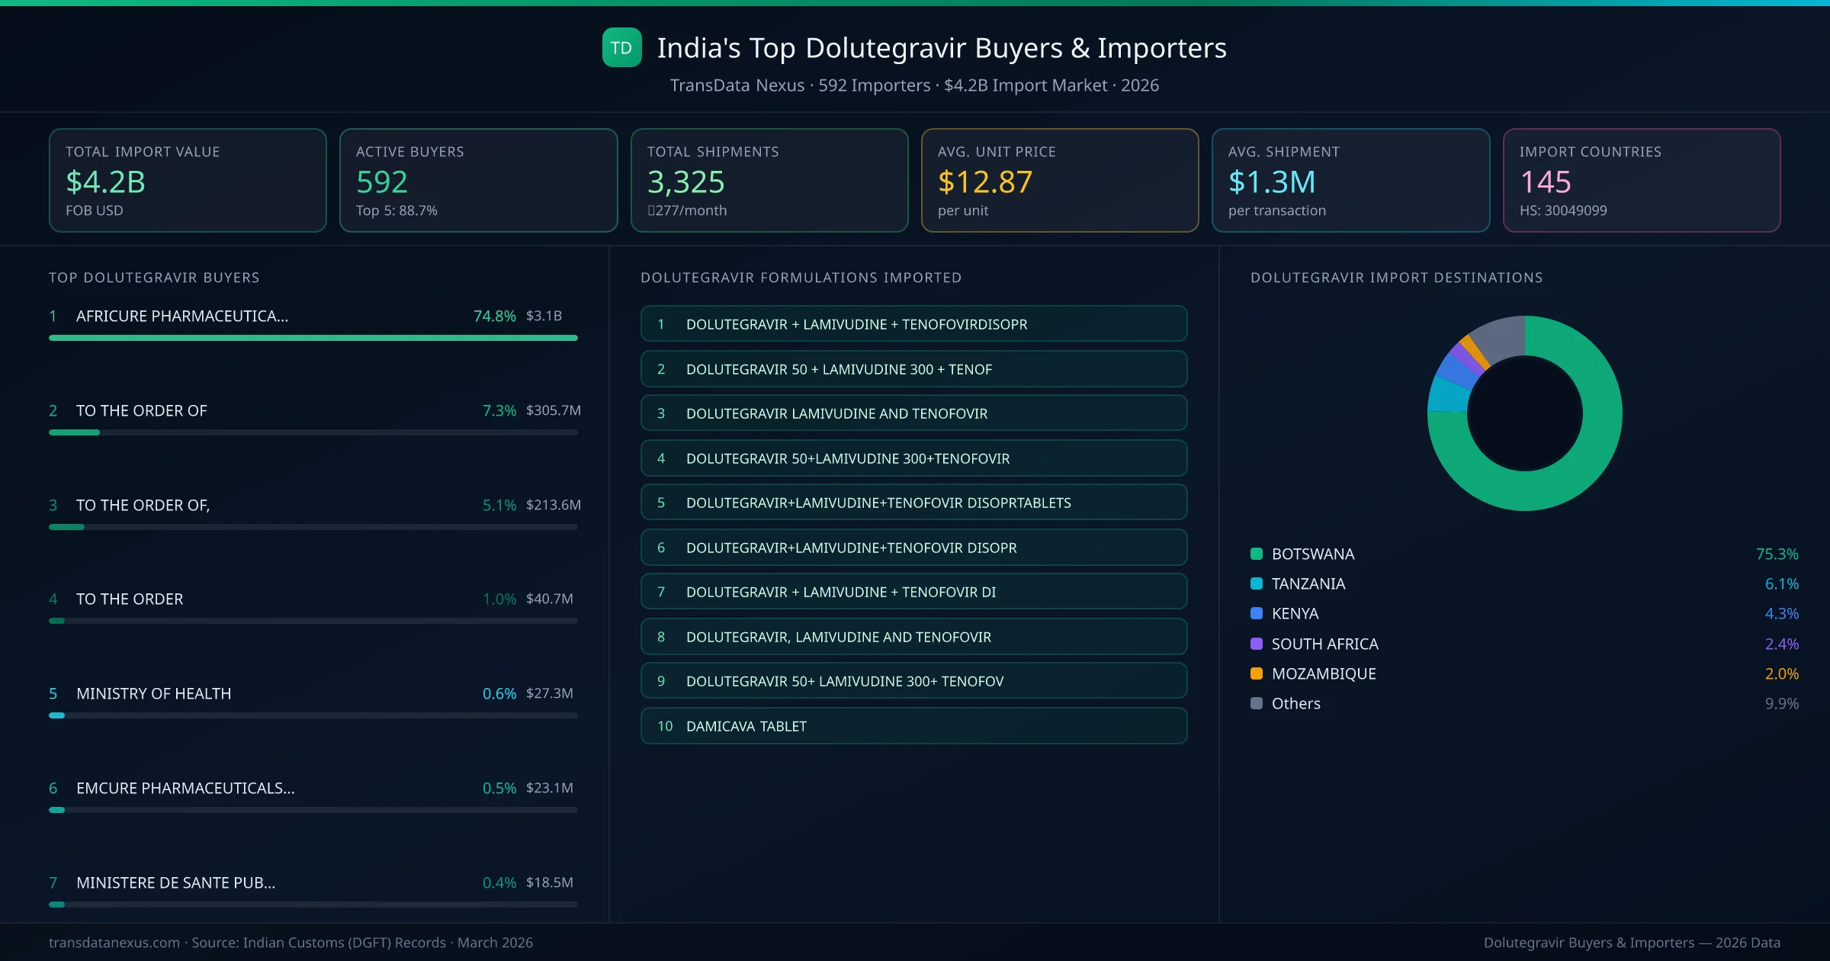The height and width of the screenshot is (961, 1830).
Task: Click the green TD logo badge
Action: tap(621, 48)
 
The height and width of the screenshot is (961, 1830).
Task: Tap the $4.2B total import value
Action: tap(105, 182)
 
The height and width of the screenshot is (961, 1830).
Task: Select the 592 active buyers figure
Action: tap(382, 182)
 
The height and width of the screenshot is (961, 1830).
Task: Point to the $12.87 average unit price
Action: tap(984, 182)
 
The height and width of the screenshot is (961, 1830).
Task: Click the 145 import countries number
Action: tap(1545, 182)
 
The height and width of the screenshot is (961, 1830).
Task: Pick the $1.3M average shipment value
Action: tap(1271, 182)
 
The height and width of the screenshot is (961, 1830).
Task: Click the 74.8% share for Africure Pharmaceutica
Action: tap(494, 316)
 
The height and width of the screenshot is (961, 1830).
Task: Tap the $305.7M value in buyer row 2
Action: tap(553, 410)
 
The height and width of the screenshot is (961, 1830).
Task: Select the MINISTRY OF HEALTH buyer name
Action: tap(153, 693)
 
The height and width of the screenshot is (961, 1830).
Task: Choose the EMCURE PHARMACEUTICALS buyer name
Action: tap(185, 788)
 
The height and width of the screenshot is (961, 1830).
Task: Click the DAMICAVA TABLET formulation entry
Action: tap(746, 726)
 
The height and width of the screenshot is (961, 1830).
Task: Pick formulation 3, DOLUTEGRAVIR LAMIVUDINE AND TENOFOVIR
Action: tap(836, 413)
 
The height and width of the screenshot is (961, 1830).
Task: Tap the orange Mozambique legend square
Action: tap(1257, 673)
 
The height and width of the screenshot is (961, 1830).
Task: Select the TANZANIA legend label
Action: tap(1308, 583)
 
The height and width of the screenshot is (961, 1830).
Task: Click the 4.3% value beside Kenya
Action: tap(1781, 613)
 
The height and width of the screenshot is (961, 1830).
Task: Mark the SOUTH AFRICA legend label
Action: tap(1324, 644)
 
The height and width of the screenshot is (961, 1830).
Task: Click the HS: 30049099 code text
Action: tap(1562, 211)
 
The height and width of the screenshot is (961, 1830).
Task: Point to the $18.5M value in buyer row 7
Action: tap(549, 882)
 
